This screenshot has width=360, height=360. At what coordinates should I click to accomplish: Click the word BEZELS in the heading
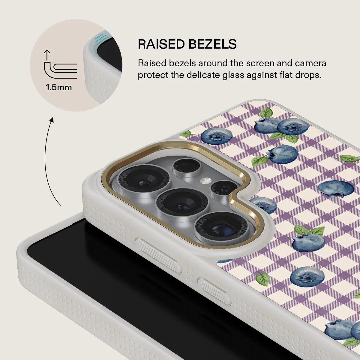tap(212, 44)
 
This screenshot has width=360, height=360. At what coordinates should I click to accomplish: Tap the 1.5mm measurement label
tap(59, 87)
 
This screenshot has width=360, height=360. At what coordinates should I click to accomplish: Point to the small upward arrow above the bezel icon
tap(47, 55)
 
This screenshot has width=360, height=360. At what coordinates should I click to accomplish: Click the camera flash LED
tap(205, 181)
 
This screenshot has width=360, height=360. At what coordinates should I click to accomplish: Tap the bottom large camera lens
tap(222, 227)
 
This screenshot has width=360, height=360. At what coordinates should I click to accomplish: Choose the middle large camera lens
tap(182, 203)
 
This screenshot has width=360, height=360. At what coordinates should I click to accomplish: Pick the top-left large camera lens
tap(144, 179)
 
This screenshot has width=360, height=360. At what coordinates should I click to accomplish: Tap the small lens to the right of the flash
tap(224, 188)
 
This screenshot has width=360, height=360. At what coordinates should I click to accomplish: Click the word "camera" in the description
tap(310, 63)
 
